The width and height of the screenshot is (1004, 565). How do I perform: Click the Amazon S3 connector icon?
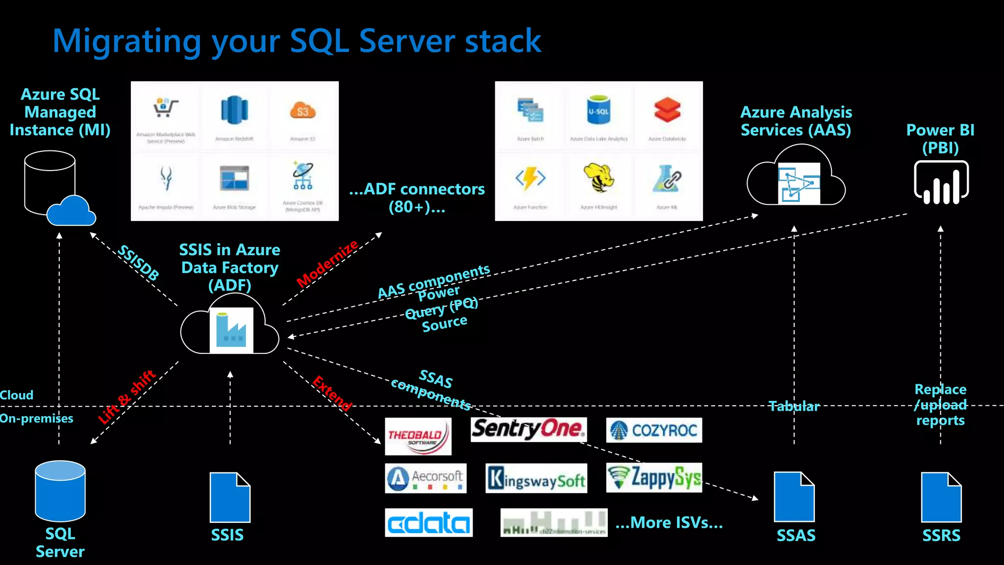[302, 111]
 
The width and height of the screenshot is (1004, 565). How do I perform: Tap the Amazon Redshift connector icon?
[234, 110]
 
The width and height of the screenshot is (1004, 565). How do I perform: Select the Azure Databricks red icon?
[667, 110]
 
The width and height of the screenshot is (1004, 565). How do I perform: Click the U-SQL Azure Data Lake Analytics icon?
[599, 110]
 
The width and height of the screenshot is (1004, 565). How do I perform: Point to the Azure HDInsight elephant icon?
[599, 178]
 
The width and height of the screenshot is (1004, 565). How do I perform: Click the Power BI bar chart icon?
[941, 183]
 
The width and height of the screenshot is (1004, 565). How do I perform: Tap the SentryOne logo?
[528, 429]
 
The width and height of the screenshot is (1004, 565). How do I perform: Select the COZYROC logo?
[654, 430]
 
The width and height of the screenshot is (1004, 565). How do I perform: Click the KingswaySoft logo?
[536, 478]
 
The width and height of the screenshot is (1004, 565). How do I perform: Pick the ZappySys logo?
[654, 477]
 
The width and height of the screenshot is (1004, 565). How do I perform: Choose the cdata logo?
[428, 523]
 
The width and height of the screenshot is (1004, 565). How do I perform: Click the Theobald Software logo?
[418, 436]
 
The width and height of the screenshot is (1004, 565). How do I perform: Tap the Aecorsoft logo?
[426, 478]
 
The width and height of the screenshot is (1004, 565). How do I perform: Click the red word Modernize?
[327, 264]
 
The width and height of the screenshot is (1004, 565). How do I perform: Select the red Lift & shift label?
[126, 397]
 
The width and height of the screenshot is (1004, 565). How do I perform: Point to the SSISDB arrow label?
[139, 263]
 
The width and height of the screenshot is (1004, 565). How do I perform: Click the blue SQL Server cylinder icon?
[60, 491]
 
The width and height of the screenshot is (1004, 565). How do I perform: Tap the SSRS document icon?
[941, 497]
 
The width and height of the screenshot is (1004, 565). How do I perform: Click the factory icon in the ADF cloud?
[231, 330]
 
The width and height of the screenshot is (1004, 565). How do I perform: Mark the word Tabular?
[794, 406]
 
